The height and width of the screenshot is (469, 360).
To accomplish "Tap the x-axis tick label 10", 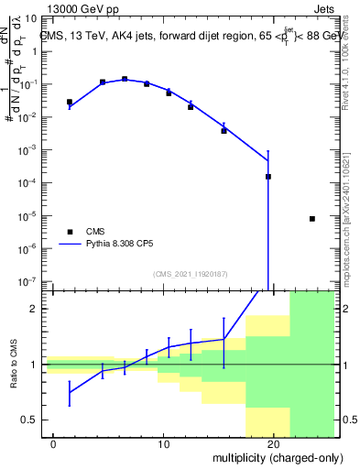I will click(163, 445).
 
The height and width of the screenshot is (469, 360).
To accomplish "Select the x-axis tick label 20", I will click(273, 445).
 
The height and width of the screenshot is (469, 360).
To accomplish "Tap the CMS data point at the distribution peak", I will click(125, 79).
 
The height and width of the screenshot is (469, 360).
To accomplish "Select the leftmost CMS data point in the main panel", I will click(70, 102).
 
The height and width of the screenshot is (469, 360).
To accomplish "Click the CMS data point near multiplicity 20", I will click(268, 177).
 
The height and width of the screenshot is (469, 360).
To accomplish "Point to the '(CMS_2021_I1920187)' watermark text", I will click(190, 274).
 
